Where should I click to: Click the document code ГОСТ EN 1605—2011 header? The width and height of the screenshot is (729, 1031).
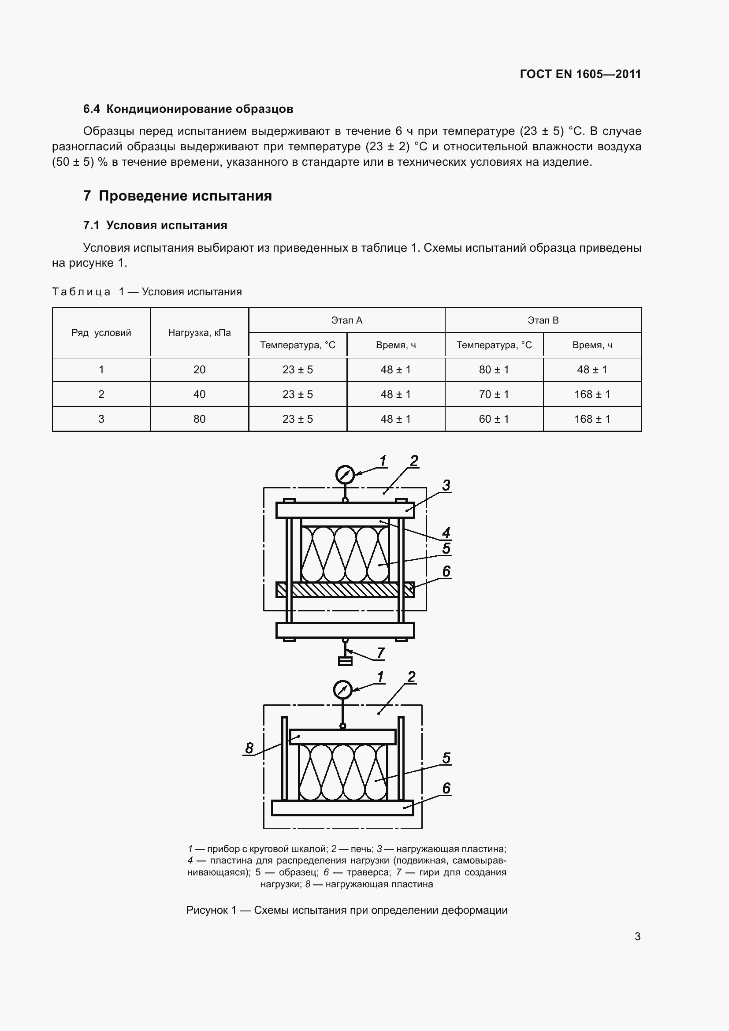580,74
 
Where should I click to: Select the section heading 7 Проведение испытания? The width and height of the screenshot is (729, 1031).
177,196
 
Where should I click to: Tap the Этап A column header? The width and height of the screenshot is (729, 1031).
346,320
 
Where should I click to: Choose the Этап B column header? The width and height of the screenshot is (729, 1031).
543,320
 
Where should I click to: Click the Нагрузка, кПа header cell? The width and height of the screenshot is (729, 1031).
199,333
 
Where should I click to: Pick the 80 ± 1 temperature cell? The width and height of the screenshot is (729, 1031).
494,369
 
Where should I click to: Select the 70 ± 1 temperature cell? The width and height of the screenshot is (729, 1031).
494,394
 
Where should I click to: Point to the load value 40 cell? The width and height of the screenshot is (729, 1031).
199,394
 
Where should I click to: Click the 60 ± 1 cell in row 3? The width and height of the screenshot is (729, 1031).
494,419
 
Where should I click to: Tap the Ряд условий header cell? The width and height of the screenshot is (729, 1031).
101,333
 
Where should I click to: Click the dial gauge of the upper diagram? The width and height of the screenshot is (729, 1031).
345,475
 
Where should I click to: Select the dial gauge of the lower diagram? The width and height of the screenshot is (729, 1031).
342,690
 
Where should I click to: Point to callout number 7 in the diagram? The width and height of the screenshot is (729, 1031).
380,653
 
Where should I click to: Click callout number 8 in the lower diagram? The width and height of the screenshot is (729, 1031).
249,748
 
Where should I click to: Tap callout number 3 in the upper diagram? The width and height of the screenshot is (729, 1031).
446,485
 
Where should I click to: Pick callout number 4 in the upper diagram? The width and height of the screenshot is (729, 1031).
446,533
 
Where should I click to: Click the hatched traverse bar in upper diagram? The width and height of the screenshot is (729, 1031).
345,590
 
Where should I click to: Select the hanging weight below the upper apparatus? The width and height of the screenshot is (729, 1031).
345,661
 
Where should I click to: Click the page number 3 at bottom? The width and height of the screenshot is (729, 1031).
637,937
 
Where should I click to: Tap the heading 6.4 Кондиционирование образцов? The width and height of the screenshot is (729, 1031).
188,109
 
